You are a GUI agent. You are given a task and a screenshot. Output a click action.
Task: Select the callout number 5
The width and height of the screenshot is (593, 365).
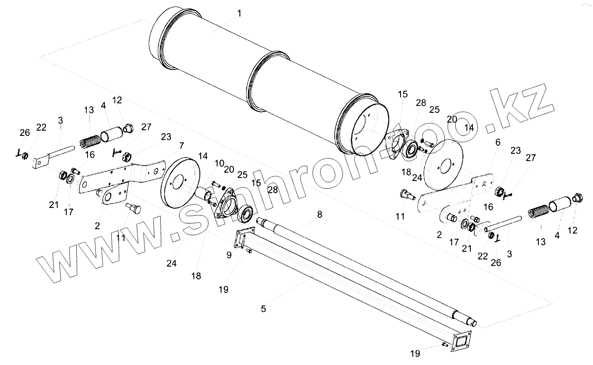[x=263, y=309]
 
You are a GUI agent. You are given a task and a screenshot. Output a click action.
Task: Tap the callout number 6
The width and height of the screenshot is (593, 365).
[x=498, y=142]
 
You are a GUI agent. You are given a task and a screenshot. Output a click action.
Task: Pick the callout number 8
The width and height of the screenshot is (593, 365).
[x=320, y=214]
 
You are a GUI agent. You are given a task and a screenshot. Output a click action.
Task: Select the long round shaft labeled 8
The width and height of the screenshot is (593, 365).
[x=368, y=269]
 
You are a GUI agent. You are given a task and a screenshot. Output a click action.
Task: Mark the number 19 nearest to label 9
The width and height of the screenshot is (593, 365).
[x=223, y=290]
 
